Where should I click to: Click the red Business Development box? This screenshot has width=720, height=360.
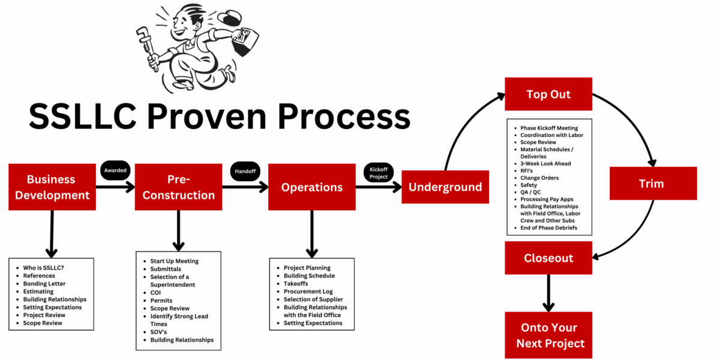tap(52, 187)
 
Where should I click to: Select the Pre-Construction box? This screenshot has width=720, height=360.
tap(178, 187)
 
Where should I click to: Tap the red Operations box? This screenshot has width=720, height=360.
tap(311, 187)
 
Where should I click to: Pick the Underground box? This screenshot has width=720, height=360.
tap(445, 187)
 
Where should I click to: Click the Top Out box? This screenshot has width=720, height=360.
tap(548, 94)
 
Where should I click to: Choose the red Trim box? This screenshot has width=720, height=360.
tap(653, 183)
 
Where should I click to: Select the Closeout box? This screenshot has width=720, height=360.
tap(548, 258)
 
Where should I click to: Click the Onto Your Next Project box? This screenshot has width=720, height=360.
tap(548, 335)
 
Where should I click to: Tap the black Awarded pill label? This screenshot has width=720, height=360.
tap(115, 170)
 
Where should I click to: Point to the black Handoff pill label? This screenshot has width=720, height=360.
tap(245, 171)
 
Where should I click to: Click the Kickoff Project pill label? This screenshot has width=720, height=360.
tap(378, 173)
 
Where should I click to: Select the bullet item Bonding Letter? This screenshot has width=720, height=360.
tap(44, 284)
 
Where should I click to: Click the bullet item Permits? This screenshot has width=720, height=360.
tap(161, 301)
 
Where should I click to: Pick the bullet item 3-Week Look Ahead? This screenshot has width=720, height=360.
tap(545, 163)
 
